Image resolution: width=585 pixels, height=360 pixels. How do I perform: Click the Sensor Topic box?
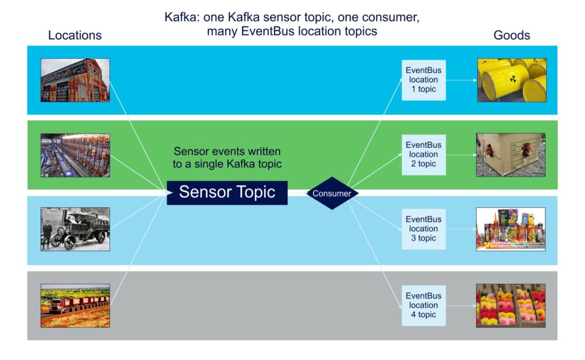click(x=227, y=193)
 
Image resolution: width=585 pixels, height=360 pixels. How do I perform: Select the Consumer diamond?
click(x=332, y=193)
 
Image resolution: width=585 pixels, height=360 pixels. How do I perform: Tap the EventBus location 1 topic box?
click(x=423, y=80)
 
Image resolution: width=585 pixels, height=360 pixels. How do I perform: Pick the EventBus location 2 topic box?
click(x=423, y=155)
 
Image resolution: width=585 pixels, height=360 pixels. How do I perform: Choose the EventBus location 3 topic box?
click(x=423, y=229)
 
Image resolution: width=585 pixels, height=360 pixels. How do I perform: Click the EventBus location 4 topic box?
click(x=423, y=305)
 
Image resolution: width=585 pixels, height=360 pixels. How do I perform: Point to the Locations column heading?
click(x=75, y=35)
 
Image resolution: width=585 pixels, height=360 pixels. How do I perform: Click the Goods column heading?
click(x=511, y=35)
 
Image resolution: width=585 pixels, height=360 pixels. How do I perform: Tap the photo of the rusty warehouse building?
click(x=75, y=80)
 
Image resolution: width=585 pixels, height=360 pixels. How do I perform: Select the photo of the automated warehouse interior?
click(x=75, y=155)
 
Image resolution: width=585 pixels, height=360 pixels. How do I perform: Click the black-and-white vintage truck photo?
click(x=75, y=229)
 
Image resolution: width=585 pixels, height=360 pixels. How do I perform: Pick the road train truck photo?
click(x=75, y=306)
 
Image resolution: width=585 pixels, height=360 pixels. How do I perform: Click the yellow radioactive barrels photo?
click(x=511, y=80)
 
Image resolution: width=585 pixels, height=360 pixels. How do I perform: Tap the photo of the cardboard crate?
click(x=511, y=155)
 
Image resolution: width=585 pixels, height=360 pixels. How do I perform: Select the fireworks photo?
click(x=511, y=229)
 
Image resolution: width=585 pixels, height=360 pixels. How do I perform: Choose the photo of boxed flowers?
click(x=511, y=306)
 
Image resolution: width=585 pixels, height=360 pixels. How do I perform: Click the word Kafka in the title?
click(x=182, y=18)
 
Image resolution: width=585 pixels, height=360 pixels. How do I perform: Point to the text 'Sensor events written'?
click(x=227, y=151)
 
